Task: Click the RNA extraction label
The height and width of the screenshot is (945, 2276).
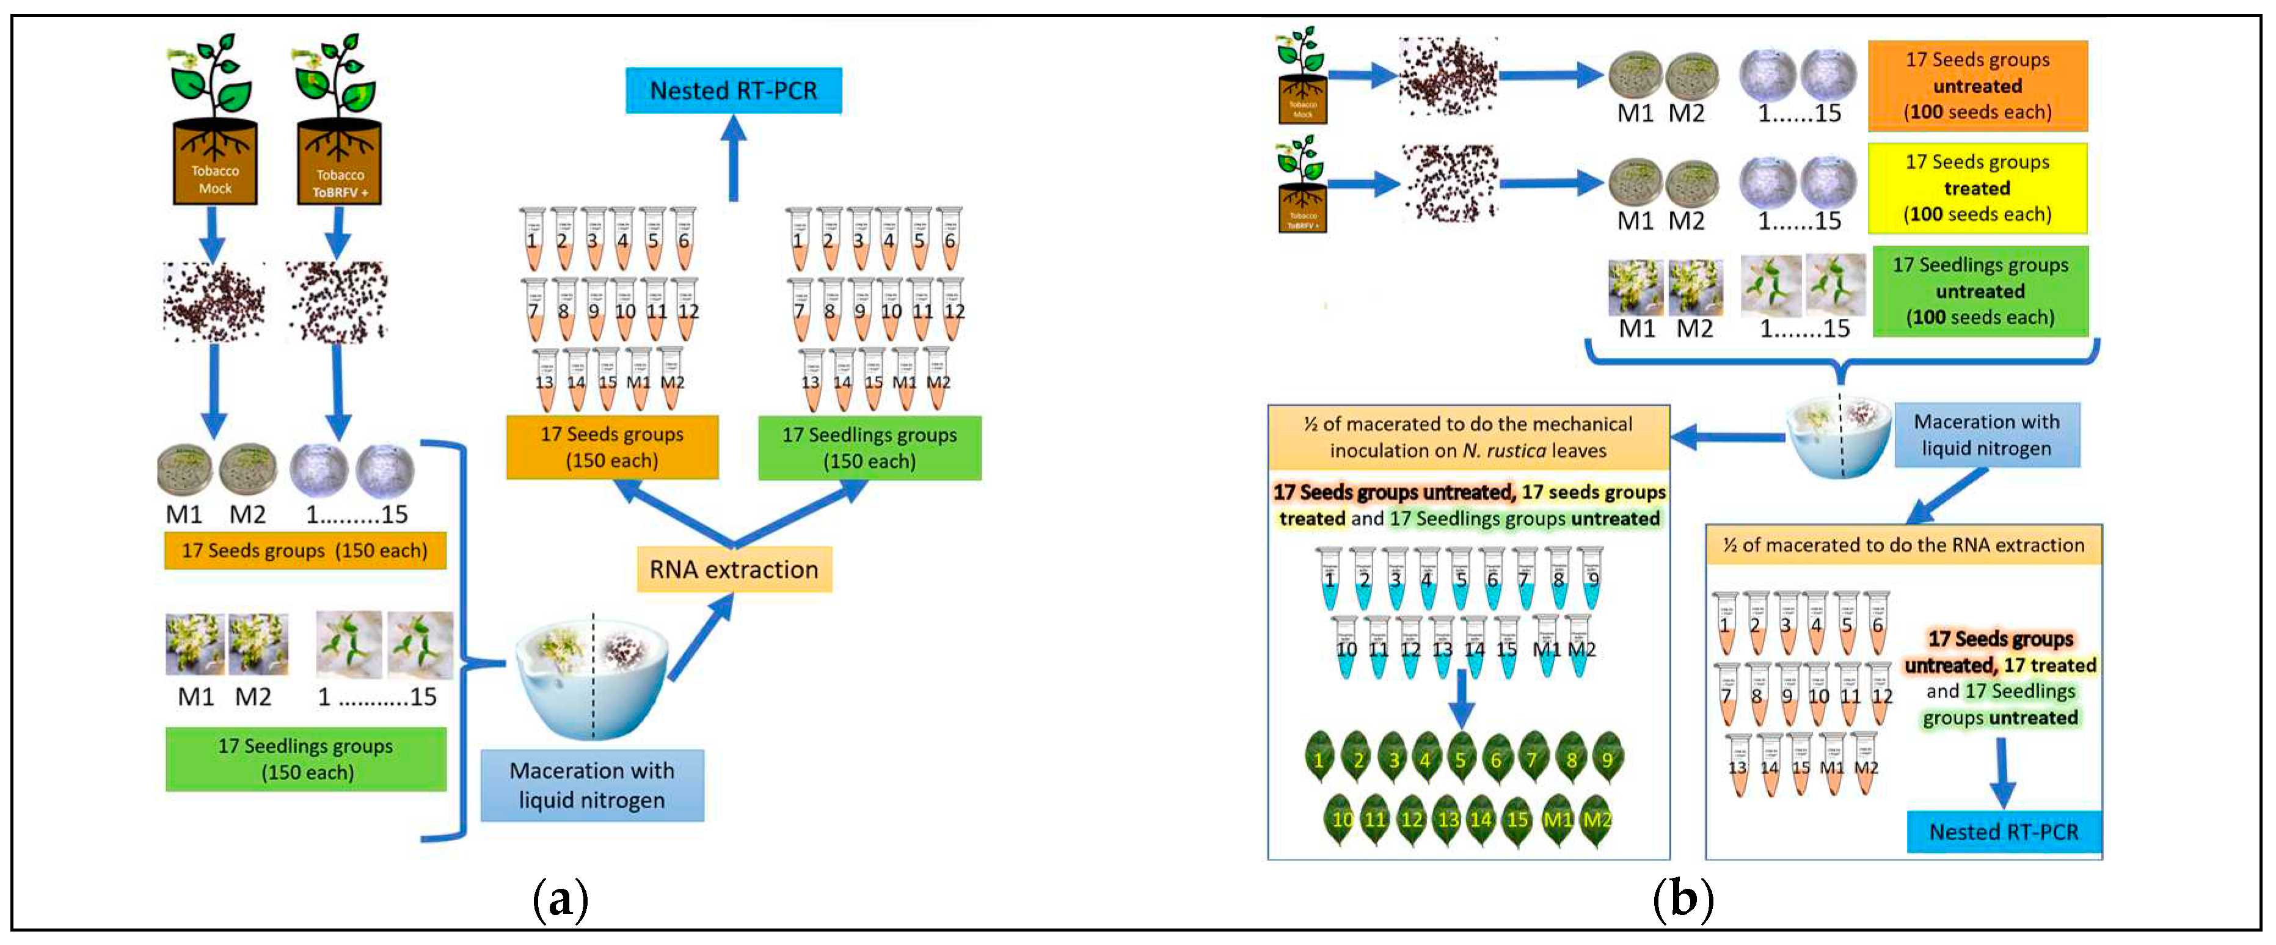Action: coord(734,570)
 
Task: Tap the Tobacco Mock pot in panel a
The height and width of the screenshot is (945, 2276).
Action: coord(214,163)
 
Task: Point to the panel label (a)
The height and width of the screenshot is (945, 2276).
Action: coord(560,899)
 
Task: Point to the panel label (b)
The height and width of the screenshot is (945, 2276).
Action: coord(1682,899)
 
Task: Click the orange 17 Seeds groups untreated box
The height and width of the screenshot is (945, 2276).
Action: coord(1977,86)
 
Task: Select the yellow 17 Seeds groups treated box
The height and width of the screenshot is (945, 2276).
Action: coord(1977,188)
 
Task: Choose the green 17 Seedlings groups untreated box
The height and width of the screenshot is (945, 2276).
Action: coord(1979,291)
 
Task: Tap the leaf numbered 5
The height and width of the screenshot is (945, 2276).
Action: coord(1461,757)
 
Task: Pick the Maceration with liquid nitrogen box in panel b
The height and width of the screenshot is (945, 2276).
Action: coord(1986,434)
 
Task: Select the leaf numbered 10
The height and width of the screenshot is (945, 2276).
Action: coord(1341,819)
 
